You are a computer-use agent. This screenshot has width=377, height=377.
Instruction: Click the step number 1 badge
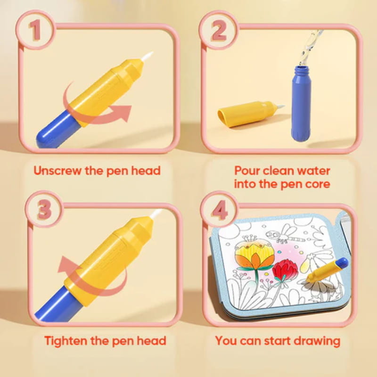click(36, 30)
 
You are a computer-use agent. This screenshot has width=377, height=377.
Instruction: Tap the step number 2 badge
click(219, 30)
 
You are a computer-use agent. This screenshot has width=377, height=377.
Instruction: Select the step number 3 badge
click(44, 209)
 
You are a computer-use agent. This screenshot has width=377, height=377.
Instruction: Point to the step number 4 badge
click(219, 209)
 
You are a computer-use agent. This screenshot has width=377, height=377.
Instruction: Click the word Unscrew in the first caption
click(57, 171)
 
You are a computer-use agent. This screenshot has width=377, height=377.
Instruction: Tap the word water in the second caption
click(313, 171)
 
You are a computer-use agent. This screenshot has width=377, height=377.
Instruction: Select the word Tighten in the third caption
click(66, 341)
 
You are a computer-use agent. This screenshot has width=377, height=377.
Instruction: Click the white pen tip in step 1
click(147, 56)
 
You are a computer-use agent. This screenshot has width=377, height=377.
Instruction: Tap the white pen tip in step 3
click(156, 213)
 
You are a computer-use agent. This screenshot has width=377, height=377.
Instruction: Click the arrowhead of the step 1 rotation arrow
click(123, 113)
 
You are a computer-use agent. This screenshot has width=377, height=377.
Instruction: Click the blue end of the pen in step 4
click(342, 262)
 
